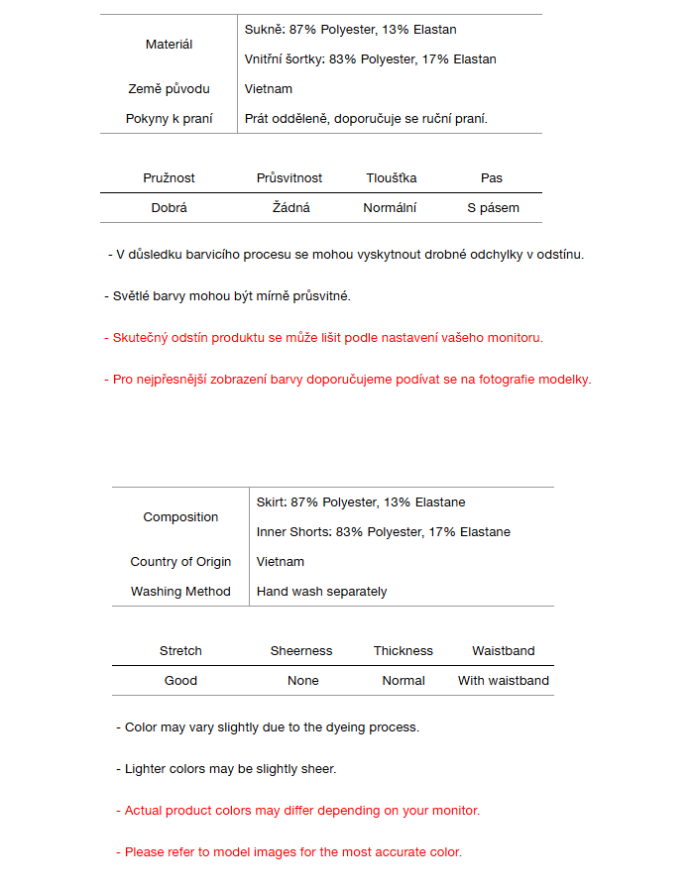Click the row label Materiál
169,45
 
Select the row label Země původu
169,89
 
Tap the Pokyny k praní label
169,119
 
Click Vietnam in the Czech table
269,89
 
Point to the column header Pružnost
169,178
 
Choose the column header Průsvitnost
289,178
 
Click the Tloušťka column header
391,178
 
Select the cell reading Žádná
291,208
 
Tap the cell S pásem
493,208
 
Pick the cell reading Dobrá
169,208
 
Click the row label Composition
180,517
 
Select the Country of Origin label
180,562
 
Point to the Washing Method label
180,592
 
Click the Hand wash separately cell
321,592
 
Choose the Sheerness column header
301,651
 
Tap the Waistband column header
503,651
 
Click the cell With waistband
503,681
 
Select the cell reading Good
180,681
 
